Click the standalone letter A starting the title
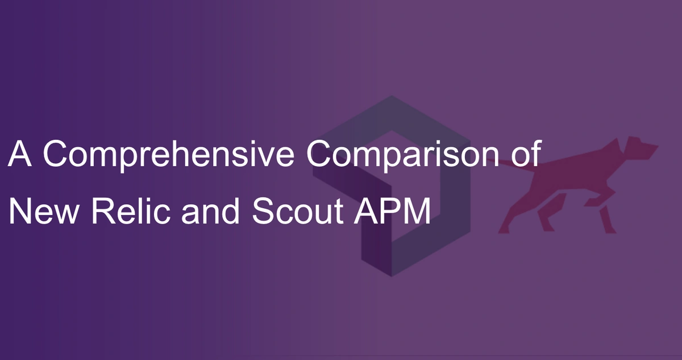pyautogui.click(x=19, y=153)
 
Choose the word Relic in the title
pyautogui.click(x=131, y=211)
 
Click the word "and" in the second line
pyautogui.click(x=210, y=211)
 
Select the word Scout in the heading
pyautogui.click(x=298, y=211)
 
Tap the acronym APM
pyautogui.click(x=392, y=211)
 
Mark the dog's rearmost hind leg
pyautogui.click(x=518, y=213)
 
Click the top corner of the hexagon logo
pyautogui.click(x=392, y=96)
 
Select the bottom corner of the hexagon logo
pyautogui.click(x=392, y=276)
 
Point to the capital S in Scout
pyautogui.click(x=263, y=211)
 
